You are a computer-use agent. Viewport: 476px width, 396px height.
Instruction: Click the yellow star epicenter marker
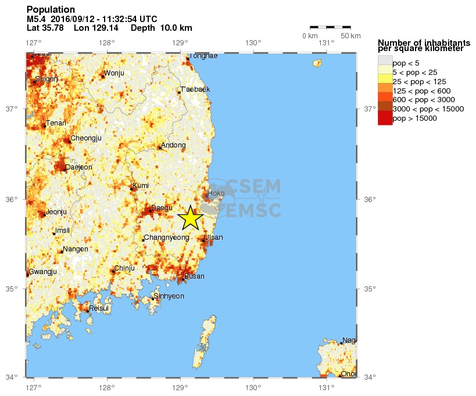coord(191,218)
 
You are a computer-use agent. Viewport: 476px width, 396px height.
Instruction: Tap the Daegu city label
coord(161,208)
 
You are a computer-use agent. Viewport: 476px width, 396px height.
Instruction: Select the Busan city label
coord(194,276)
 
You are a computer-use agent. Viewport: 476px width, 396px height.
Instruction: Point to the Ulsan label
coord(213,237)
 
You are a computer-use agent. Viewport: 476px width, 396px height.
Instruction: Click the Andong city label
coord(173,145)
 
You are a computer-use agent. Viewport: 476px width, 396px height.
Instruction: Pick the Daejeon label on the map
coord(78,167)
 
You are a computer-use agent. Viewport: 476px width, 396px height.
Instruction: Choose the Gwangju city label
coord(42,272)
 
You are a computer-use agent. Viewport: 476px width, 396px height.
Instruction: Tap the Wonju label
coord(114,73)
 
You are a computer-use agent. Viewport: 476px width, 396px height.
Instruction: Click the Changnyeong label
coord(166,237)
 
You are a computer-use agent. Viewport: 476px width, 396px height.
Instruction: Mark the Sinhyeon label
coord(169,296)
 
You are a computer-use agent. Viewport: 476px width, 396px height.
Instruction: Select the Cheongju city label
coord(86,138)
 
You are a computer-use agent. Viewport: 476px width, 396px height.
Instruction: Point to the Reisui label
coord(99,308)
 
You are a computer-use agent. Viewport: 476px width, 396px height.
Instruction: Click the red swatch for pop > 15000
coord(385,118)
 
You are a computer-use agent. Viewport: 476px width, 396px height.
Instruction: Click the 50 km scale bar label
coord(350,36)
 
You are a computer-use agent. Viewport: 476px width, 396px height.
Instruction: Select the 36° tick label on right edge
coord(370,199)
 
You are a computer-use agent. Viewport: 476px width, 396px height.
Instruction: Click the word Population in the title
coord(51,10)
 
